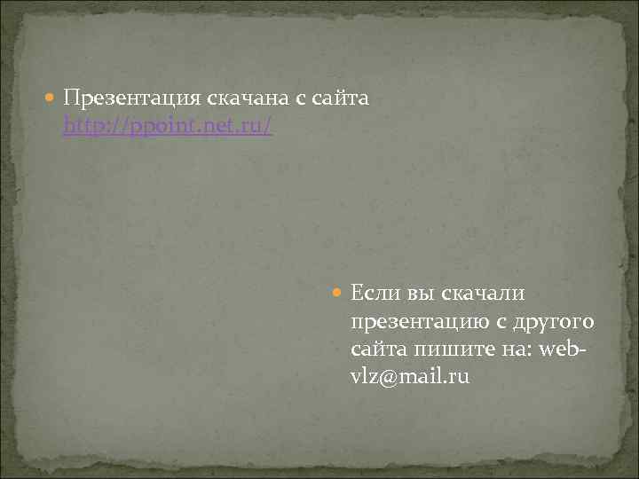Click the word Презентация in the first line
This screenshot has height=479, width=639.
coord(129,98)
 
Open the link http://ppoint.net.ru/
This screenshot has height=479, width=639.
coord(168,127)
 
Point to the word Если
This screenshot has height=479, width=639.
coord(375,293)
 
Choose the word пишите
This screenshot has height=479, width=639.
coord(455,349)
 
